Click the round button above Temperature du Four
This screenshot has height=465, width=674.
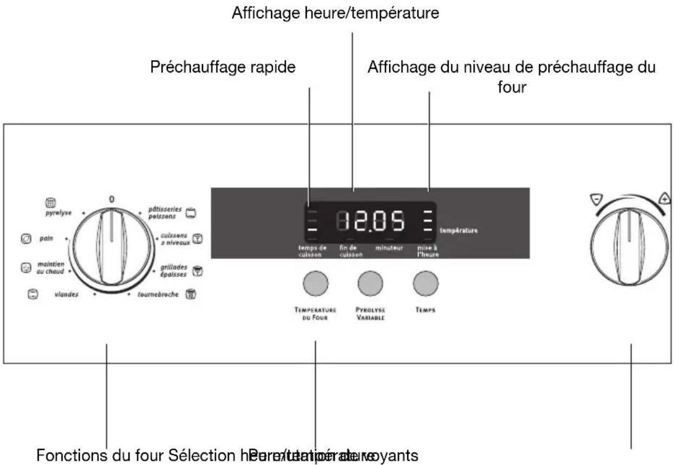315,283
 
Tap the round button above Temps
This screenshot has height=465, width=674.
426,283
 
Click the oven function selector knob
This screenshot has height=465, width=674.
111,249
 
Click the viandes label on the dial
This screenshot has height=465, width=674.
66,295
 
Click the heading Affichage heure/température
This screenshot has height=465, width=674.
335,14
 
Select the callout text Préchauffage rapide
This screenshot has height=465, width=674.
223,68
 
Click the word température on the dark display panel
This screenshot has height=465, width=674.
459,231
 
